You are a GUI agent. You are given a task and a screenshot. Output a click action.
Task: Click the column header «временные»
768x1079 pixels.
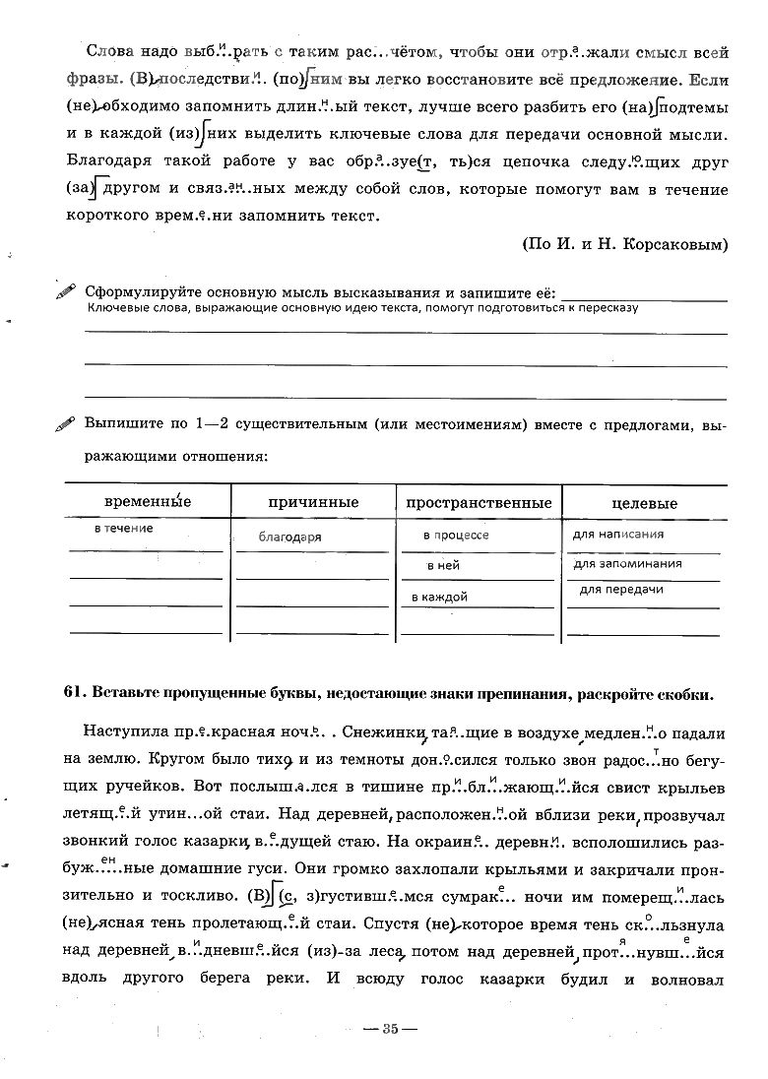(148, 502)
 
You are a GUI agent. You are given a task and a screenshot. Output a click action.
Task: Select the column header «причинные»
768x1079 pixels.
(313, 503)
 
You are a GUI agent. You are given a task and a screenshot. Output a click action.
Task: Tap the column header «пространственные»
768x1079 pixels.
(479, 503)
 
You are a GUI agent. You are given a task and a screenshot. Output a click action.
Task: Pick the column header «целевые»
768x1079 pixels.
(644, 504)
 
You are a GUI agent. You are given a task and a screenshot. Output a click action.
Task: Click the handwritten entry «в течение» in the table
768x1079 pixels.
(124, 530)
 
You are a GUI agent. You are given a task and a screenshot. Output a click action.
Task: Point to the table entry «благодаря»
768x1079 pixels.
(290, 538)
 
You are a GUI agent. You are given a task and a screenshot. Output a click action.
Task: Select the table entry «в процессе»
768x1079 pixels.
(456, 536)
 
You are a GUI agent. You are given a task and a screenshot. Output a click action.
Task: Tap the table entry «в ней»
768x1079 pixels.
(443, 566)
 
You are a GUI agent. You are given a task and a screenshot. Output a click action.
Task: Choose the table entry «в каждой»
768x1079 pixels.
(439, 597)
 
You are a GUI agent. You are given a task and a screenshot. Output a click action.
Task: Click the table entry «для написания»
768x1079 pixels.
(618, 535)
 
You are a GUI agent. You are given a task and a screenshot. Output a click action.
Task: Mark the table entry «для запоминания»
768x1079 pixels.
(628, 564)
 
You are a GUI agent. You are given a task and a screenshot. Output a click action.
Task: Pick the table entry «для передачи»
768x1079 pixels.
(621, 590)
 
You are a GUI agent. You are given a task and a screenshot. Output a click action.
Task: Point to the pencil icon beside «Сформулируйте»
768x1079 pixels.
(66, 293)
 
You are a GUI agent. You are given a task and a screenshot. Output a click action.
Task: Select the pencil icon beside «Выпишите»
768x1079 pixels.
(66, 424)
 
